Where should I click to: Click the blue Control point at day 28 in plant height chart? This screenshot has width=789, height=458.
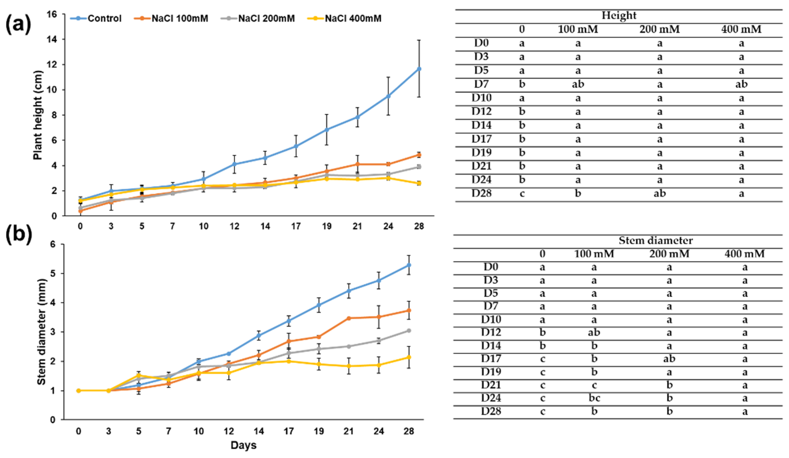(419, 69)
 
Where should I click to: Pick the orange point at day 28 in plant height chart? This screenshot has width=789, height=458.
(419, 155)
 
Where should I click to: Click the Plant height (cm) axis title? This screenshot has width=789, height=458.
(37, 115)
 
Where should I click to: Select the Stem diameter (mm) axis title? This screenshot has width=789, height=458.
(41, 332)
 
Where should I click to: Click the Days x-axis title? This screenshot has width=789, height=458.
(243, 445)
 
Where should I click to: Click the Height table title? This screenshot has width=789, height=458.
(619, 15)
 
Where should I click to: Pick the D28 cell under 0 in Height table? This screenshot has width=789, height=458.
(522, 193)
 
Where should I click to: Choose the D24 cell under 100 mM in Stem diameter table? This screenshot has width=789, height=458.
(594, 398)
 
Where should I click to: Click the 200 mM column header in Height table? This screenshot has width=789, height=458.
(659, 29)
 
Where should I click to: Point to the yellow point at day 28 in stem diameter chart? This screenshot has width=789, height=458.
(409, 357)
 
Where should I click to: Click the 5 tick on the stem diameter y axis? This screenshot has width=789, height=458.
(53, 274)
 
